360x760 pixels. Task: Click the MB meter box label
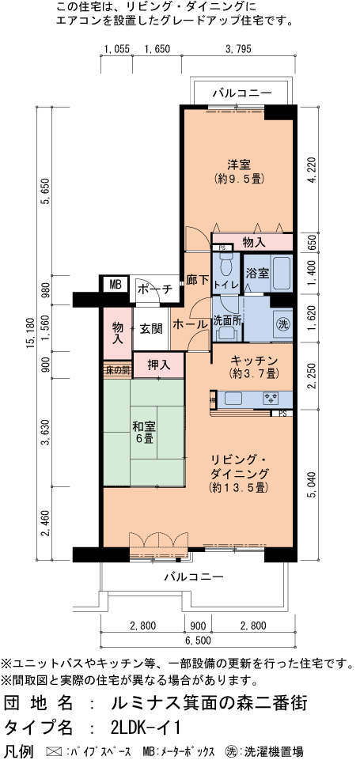(115, 285)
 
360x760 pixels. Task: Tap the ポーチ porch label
(155, 289)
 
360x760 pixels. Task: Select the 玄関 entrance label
(150, 329)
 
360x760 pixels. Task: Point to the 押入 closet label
(159, 365)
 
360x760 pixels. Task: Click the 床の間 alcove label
(117, 370)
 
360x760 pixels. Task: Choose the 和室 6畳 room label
(144, 433)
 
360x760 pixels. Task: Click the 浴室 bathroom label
(256, 274)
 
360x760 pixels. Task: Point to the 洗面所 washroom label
(228, 320)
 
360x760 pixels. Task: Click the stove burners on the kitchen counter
(271, 399)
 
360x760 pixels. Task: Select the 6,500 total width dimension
(198, 641)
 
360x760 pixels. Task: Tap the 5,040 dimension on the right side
(311, 485)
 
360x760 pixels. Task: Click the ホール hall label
(190, 324)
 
